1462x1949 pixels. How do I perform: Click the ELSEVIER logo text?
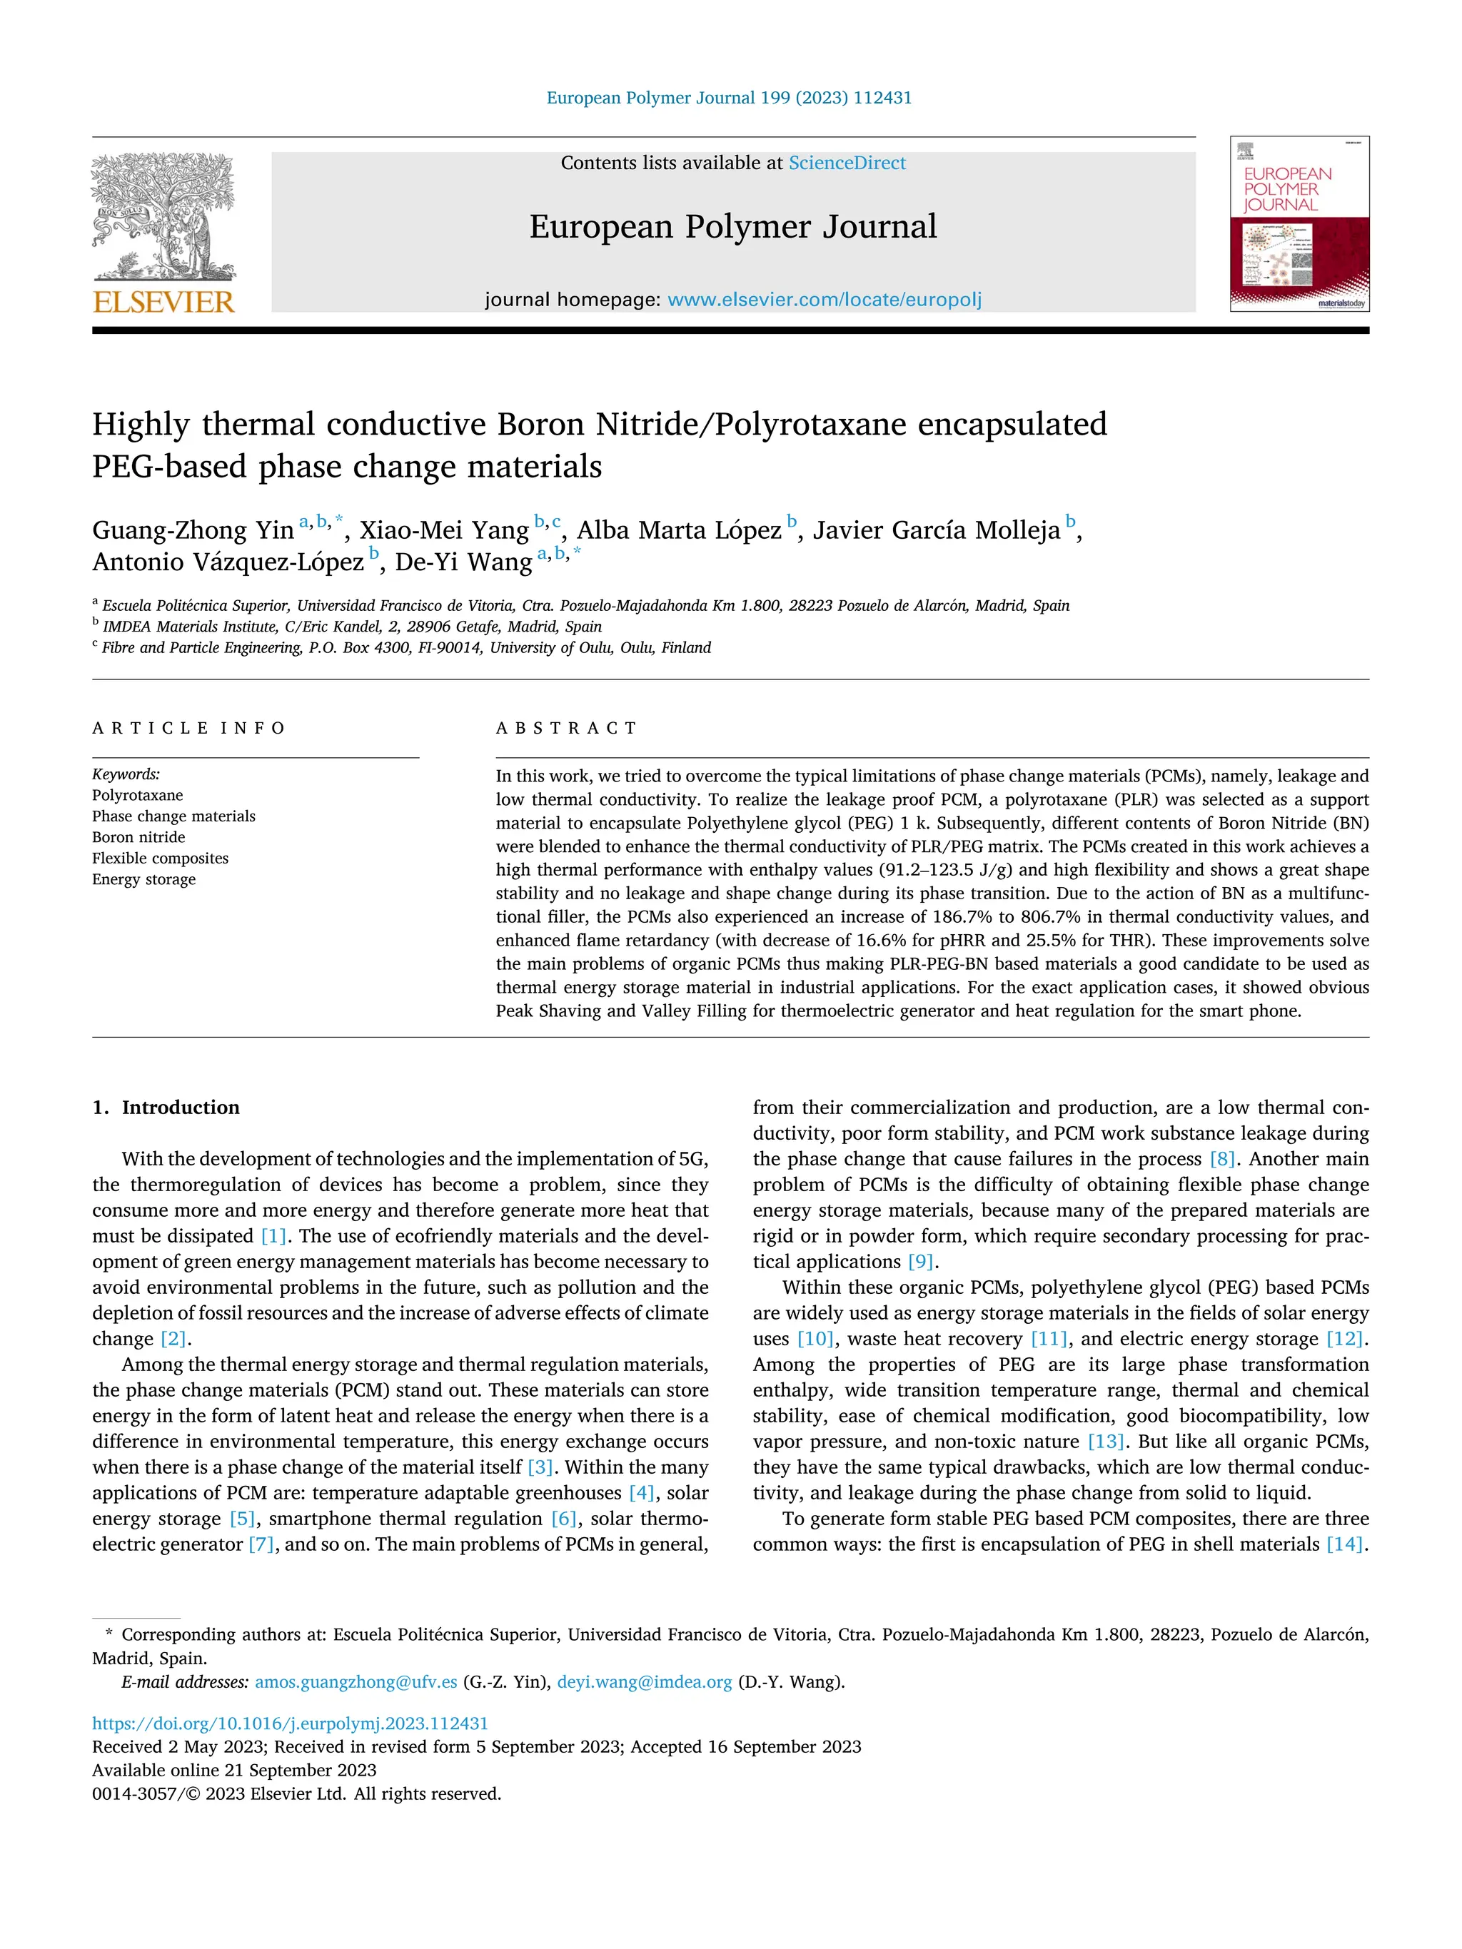pos(164,302)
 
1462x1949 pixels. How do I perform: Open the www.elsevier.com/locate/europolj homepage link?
pos(824,300)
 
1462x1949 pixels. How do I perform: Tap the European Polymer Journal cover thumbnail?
pos(1299,224)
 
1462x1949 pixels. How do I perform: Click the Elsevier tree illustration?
pos(164,215)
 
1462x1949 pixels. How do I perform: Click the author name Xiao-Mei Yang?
pos(444,530)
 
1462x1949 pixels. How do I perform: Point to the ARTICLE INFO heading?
pos(188,728)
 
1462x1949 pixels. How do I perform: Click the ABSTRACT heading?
pos(566,728)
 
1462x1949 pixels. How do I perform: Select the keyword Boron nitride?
pos(138,837)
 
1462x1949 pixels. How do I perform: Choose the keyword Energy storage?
pos(143,879)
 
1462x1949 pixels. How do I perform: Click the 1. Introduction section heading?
pos(166,1108)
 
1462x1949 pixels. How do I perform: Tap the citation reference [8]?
pos(1221,1159)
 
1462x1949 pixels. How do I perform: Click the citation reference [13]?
pos(1105,1442)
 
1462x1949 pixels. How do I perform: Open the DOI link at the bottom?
pos(290,1723)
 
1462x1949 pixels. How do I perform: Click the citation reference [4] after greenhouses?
pos(642,1492)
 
